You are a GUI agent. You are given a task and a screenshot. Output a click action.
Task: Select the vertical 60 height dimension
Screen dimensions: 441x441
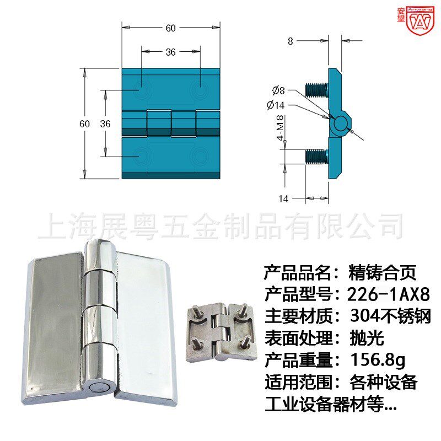[84, 124]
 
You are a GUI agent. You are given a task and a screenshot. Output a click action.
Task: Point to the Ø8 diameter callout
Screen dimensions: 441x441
[278, 90]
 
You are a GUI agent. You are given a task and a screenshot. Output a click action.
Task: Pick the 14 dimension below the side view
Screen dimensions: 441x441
[283, 199]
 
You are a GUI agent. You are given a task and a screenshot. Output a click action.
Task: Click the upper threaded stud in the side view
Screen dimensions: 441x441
[316, 88]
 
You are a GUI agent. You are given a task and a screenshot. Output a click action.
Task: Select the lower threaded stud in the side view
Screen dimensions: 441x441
[316, 156]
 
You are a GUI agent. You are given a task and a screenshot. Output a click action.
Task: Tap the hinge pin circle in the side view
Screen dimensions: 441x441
[341, 122]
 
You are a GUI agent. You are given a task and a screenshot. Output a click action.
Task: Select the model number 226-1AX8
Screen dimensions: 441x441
[389, 294]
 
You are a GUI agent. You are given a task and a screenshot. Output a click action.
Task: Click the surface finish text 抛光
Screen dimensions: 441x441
[366, 338]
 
